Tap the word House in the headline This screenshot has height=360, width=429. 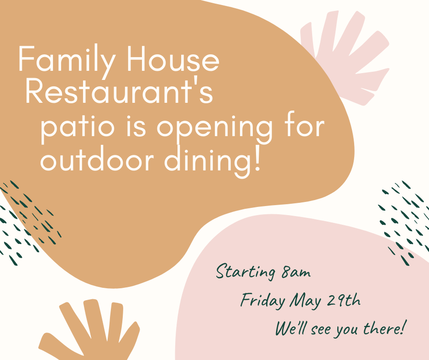(x=173, y=58)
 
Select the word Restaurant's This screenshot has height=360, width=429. (x=119, y=90)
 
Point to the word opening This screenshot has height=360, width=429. (x=215, y=127)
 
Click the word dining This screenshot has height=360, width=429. (x=207, y=161)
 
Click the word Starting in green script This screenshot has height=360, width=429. (x=246, y=271)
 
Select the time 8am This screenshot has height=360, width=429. (x=296, y=272)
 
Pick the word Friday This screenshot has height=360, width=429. (x=263, y=301)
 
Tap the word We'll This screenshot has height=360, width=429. (x=290, y=328)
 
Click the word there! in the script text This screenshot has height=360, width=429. (x=383, y=327)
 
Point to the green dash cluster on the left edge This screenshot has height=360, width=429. (x=27, y=222)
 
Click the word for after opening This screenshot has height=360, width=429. (x=304, y=124)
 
